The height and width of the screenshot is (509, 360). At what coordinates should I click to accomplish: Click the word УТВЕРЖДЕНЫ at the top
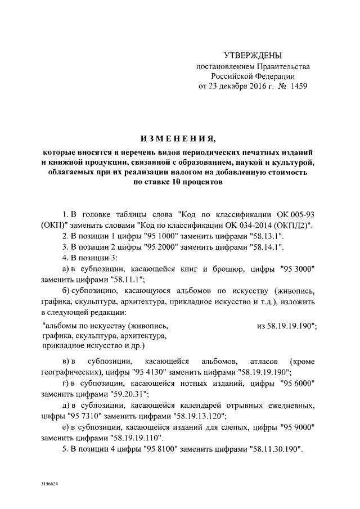253,56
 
